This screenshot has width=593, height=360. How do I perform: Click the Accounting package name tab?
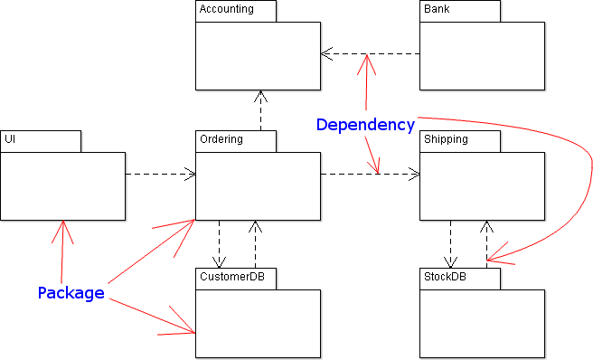[236, 11]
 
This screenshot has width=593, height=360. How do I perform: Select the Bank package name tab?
[459, 11]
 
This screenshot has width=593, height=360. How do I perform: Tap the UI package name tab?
[41, 141]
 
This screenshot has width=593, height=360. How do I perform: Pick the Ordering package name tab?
[236, 141]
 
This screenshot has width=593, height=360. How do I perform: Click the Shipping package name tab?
[459, 141]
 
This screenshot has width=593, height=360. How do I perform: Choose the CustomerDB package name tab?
[236, 279]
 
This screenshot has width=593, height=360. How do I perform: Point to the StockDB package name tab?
[459, 279]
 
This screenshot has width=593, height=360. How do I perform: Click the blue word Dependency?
[365, 125]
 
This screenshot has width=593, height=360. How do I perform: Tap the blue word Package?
[71, 293]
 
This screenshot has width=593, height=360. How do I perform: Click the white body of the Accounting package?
[258, 56]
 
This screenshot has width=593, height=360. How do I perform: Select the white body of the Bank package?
[482, 56]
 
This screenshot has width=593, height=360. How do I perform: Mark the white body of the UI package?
[62, 186]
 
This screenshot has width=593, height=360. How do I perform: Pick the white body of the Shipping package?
[482, 186]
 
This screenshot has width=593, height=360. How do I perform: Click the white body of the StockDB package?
[482, 324]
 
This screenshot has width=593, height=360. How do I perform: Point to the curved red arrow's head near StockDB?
[495, 255]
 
